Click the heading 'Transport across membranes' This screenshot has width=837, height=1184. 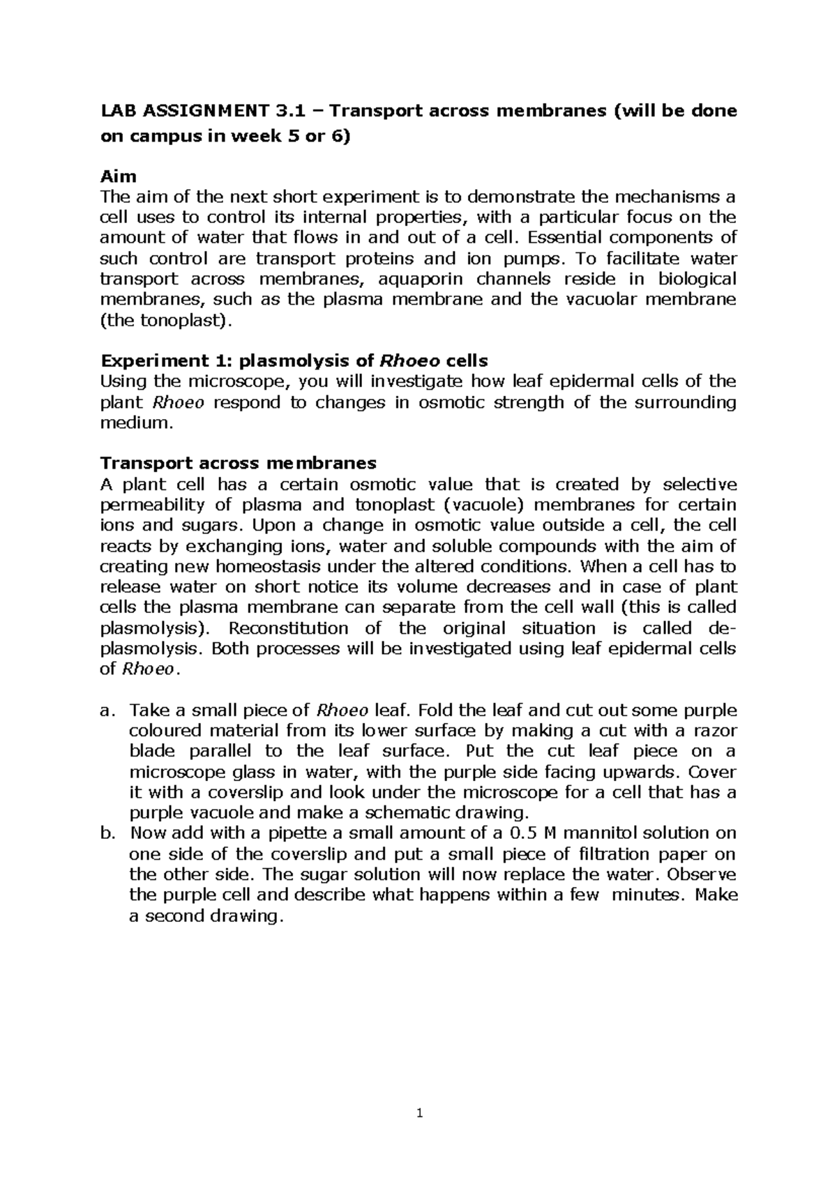[x=239, y=463]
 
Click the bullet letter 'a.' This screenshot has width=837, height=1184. [x=107, y=711]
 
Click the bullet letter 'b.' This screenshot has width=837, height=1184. [x=107, y=833]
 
